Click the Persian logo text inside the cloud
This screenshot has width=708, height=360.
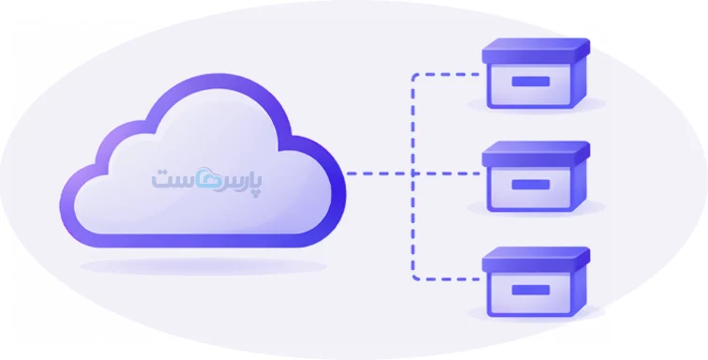pyautogui.click(x=206, y=181)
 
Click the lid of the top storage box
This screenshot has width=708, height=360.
pyautogui.click(x=536, y=51)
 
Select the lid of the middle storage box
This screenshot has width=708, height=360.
pyautogui.click(x=536, y=154)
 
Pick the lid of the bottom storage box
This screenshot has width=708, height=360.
pyautogui.click(x=536, y=260)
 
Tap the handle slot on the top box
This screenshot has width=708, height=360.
pyautogui.click(x=531, y=82)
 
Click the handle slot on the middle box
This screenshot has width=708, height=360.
pyautogui.click(x=531, y=185)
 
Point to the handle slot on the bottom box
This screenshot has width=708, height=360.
pyautogui.click(x=531, y=290)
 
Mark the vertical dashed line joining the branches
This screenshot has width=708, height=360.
pyautogui.click(x=413, y=176)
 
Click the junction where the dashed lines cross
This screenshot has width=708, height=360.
pyautogui.click(x=413, y=173)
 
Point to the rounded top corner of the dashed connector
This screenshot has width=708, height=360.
pyautogui.click(x=414, y=76)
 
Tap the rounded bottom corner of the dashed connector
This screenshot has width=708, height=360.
pyautogui.click(x=414, y=277)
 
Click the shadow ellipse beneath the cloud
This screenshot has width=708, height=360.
pyautogui.click(x=203, y=266)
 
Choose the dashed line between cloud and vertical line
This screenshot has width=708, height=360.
pyautogui.click(x=379, y=173)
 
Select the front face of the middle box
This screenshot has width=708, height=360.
pyautogui.click(x=530, y=187)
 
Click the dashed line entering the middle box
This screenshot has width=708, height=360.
pyautogui.click(x=447, y=173)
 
